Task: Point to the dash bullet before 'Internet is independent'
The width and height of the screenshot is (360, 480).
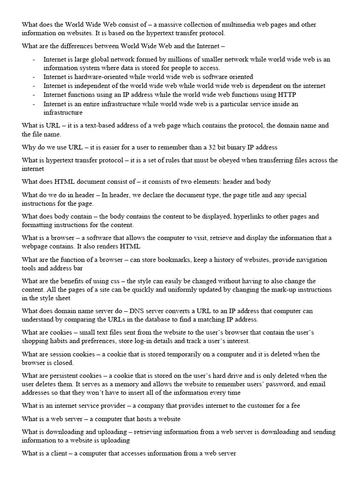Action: coord(33,86)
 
